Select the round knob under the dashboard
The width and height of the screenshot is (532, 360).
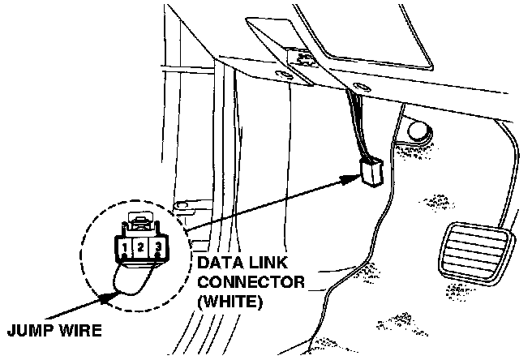pos(419,129)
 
